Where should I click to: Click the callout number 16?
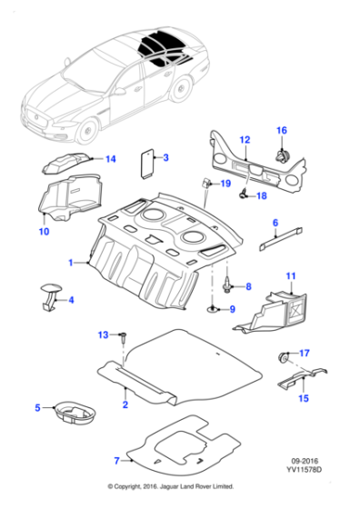pyautogui.click(x=282, y=130)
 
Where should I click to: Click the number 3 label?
pyautogui.click(x=166, y=158)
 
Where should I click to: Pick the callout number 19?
pyautogui.click(x=215, y=185)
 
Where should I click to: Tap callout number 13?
pyautogui.click(x=103, y=335)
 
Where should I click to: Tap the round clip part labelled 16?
pyautogui.click(x=283, y=155)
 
